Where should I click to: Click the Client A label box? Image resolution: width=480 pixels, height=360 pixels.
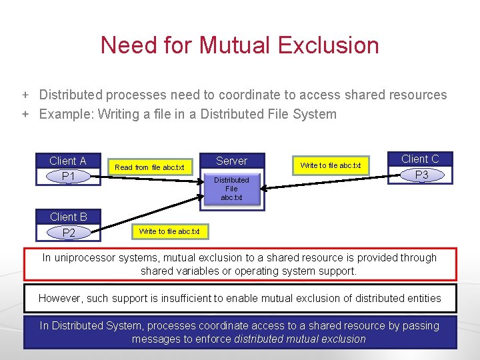[x=68, y=161]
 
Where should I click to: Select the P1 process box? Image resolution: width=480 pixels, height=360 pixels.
[x=68, y=176]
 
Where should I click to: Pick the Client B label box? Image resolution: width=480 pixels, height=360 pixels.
[x=68, y=217]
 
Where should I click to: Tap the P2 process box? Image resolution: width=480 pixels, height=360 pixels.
[x=68, y=233]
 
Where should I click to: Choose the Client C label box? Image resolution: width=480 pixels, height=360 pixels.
[x=420, y=159]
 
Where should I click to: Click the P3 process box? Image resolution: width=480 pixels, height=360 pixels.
[x=421, y=175]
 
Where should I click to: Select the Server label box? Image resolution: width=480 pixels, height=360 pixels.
[x=231, y=161]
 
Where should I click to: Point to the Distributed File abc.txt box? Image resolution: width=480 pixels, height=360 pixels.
[x=231, y=189]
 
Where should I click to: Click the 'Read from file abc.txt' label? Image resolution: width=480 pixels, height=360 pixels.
[x=149, y=167]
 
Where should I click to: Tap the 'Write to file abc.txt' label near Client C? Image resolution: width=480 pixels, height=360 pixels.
[x=330, y=165]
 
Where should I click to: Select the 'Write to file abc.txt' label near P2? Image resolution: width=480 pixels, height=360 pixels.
[x=169, y=231]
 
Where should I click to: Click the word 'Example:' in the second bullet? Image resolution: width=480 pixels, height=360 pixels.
[x=66, y=114]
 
